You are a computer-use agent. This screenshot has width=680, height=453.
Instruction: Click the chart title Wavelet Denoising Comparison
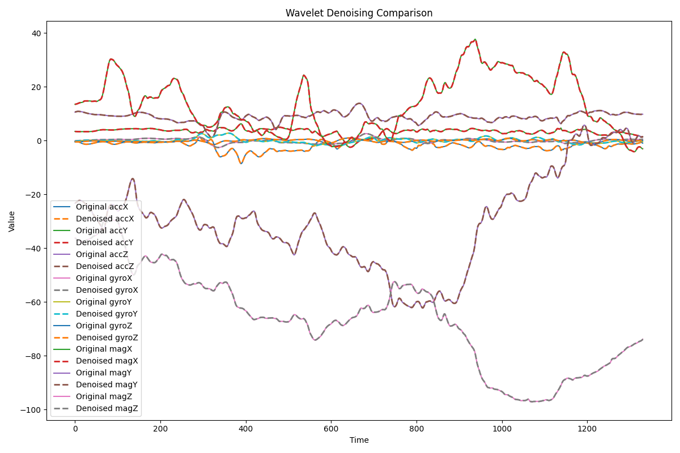(x=359, y=13)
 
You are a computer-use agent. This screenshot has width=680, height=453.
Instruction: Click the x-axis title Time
(x=359, y=440)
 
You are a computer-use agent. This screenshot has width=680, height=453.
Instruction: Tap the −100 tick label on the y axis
(x=31, y=409)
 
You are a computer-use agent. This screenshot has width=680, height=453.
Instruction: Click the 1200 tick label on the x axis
(x=587, y=429)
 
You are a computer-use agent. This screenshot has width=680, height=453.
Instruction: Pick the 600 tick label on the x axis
(x=331, y=429)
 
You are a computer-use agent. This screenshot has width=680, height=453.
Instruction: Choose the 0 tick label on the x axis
(x=75, y=429)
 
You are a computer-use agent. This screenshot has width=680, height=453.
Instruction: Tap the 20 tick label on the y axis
(x=35, y=87)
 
